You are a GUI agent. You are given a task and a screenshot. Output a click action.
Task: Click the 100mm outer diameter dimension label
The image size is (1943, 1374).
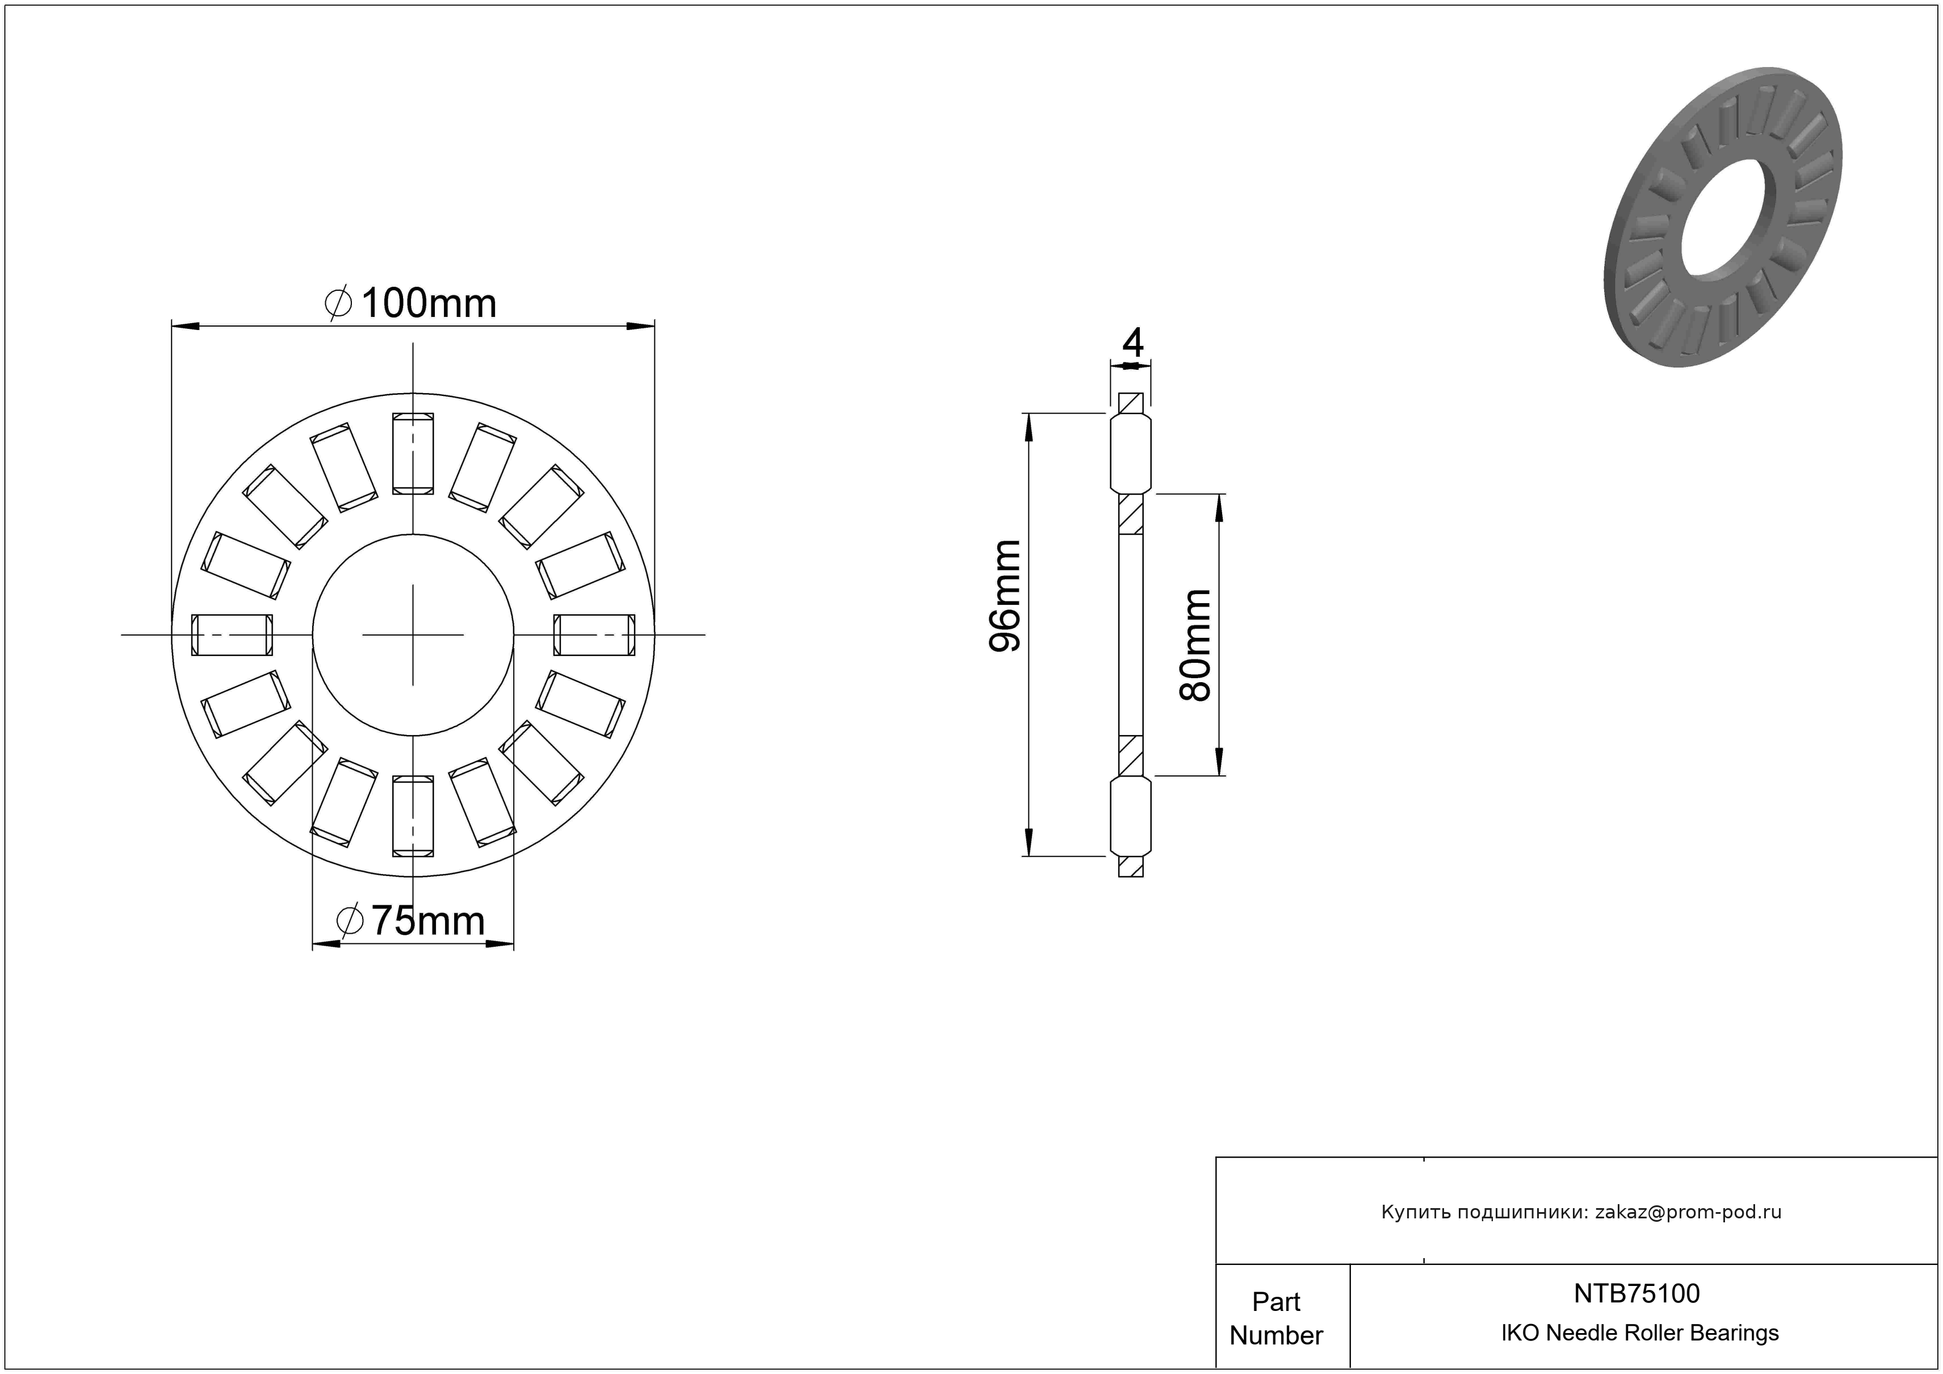(x=412, y=304)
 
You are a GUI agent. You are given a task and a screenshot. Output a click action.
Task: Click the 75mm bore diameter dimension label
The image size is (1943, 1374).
(x=412, y=920)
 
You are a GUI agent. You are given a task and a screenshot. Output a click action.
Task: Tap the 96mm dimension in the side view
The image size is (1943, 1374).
(x=1005, y=595)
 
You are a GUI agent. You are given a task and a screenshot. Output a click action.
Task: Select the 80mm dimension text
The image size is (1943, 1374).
(x=1195, y=646)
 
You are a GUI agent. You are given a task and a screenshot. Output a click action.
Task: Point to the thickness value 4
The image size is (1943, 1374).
(x=1132, y=343)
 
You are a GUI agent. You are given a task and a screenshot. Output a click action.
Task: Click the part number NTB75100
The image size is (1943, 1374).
(x=1636, y=1293)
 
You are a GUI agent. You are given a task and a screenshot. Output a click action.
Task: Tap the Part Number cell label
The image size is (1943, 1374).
(x=1276, y=1318)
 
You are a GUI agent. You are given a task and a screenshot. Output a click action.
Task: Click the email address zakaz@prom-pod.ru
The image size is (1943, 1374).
(x=1688, y=1212)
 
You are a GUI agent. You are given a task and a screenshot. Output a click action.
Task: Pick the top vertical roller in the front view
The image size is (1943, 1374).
(x=413, y=453)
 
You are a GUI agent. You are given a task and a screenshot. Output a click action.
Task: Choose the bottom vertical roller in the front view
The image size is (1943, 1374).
(x=413, y=815)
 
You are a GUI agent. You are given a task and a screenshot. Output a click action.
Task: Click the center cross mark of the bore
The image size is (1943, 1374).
(x=413, y=635)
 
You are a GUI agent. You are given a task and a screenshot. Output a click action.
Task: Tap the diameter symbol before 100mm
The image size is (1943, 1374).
(x=338, y=304)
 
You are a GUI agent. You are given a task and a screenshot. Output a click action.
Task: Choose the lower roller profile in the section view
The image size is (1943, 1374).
(x=1131, y=816)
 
